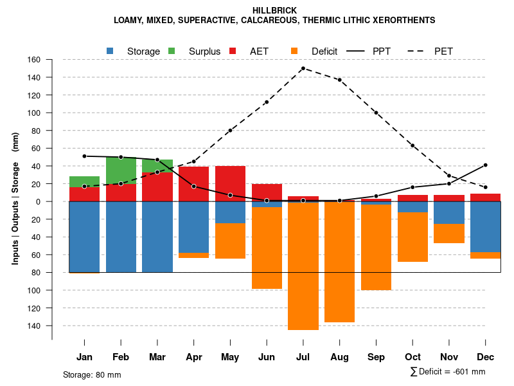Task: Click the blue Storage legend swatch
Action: (x=111, y=51)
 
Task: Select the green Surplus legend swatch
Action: (x=172, y=51)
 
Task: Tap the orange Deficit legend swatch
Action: (x=294, y=51)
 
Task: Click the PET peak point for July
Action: (x=303, y=68)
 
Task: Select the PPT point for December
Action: (x=486, y=165)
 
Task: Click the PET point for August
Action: (x=339, y=80)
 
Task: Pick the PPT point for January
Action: (x=84, y=156)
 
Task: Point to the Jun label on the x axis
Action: (x=267, y=357)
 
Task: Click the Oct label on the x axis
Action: (x=412, y=357)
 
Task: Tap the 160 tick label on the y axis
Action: (x=34, y=60)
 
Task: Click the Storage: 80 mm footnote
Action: (x=92, y=374)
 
